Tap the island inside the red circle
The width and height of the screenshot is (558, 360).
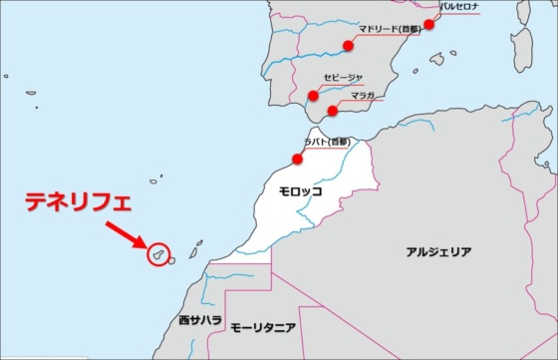click(156, 255)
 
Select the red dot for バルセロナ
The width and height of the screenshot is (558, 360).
click(429, 24)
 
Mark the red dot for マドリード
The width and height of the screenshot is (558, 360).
click(349, 45)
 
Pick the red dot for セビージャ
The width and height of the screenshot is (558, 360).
click(313, 96)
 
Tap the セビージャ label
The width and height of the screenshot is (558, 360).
click(344, 77)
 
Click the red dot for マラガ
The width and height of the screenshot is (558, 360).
click(333, 111)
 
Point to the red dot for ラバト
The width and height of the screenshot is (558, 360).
click(297, 159)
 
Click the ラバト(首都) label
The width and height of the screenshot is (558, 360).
click(327, 143)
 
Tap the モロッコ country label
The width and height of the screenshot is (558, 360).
click(300, 190)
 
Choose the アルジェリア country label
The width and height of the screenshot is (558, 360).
click(438, 252)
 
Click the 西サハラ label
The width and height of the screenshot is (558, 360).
click(199, 321)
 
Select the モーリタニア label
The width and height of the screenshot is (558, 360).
click(263, 327)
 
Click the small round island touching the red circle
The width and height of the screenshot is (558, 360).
click(172, 261)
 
